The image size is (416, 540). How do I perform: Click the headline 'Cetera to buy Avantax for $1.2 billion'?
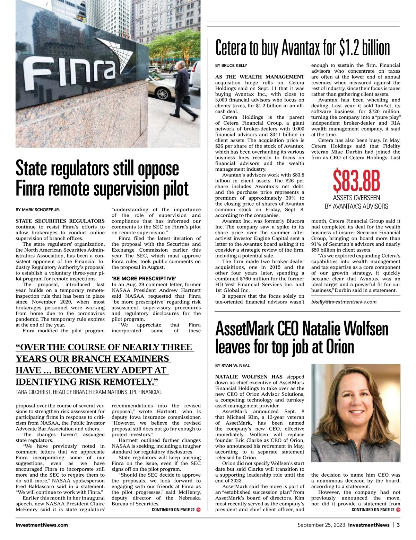(303, 48)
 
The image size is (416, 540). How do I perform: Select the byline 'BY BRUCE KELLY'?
(231, 65)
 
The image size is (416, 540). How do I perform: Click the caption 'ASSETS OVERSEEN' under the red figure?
(356, 198)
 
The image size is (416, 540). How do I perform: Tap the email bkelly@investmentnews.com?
(344, 302)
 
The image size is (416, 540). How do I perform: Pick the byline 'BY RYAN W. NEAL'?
(232, 366)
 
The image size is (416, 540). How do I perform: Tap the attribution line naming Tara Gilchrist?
(89, 392)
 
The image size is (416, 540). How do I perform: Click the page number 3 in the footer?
(398, 525)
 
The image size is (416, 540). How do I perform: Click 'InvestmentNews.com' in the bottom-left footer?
(42, 525)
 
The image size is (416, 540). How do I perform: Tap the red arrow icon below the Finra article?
(198, 510)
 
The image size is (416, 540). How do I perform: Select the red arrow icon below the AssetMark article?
(398, 510)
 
